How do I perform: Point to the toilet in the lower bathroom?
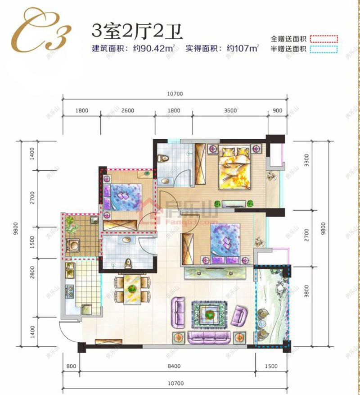coord(128,263)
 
